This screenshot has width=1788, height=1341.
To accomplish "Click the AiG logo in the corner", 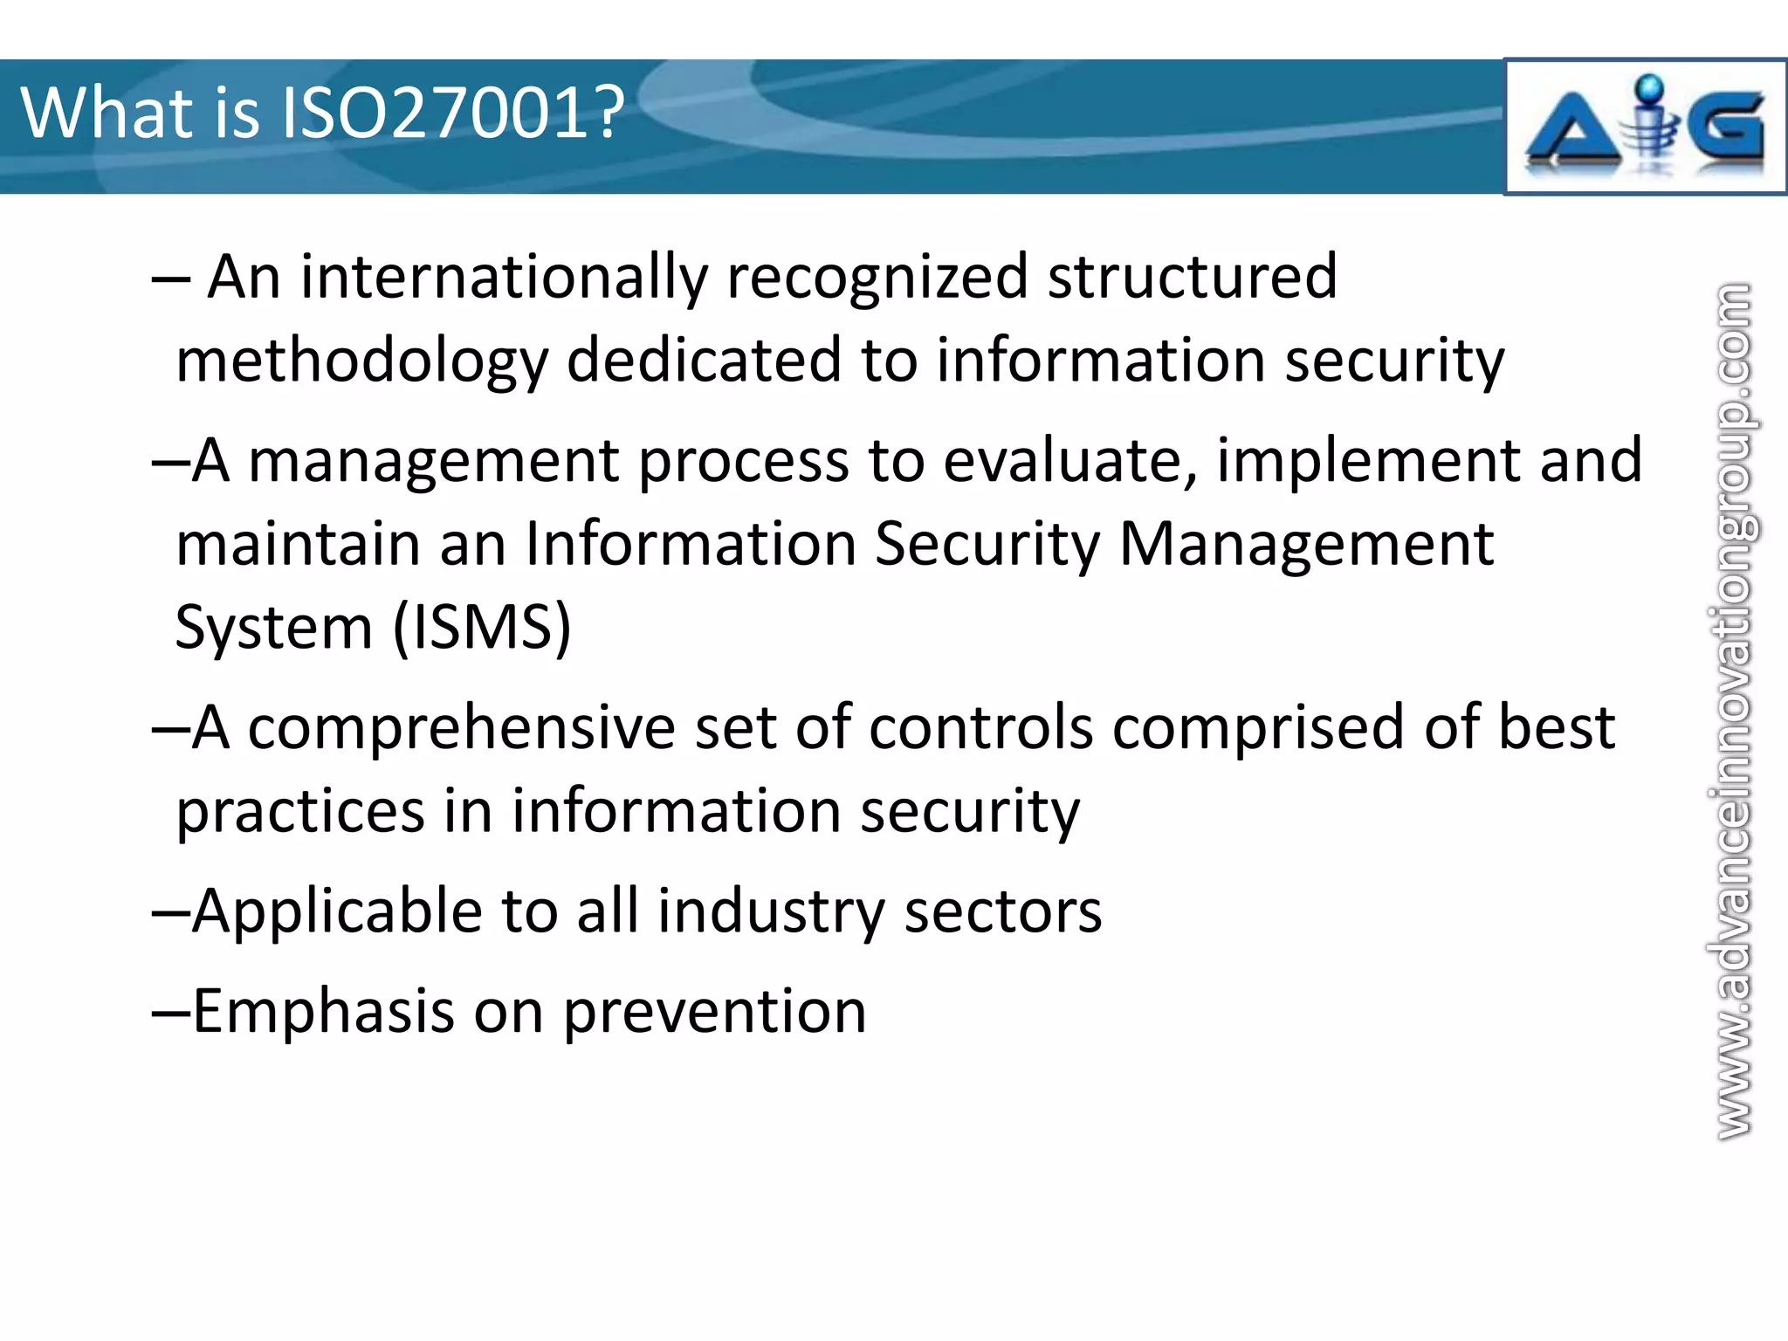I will [1645, 127].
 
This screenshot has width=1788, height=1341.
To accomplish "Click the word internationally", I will [504, 278].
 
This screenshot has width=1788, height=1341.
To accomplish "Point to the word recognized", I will [877, 278].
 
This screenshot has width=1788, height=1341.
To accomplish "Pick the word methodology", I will [361, 361].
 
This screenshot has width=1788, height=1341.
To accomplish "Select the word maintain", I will [297, 544].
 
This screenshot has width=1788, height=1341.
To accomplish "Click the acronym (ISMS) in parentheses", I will [482, 627].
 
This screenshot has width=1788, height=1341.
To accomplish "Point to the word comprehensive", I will [461, 728].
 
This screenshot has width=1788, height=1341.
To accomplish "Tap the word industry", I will [771, 911].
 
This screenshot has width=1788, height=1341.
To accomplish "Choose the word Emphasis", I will [323, 1012].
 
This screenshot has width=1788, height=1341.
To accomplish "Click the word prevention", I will [714, 1013].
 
